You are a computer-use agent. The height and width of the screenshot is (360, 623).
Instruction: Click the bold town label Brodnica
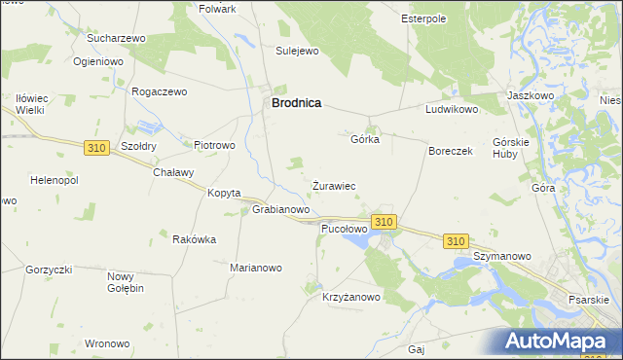click(x=296, y=102)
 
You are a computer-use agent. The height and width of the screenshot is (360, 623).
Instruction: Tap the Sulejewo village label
click(x=298, y=51)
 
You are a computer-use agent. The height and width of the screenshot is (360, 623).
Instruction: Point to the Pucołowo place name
click(x=344, y=229)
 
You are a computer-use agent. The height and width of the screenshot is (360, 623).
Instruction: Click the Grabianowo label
click(x=281, y=209)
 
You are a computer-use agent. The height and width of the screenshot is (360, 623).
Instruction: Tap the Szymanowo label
click(x=502, y=256)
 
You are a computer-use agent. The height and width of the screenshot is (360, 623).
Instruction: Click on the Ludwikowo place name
click(x=452, y=110)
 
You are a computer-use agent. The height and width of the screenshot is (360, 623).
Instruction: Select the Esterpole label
click(x=423, y=18)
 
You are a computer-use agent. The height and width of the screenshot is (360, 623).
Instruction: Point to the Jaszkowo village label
click(x=531, y=96)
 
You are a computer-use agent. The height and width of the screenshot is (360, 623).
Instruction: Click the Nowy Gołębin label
click(x=126, y=282)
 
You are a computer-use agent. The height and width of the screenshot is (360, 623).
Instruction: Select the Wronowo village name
click(x=107, y=343)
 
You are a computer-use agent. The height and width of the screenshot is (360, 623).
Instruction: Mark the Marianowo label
click(x=255, y=268)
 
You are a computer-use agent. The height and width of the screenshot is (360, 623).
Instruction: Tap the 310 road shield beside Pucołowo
click(x=385, y=222)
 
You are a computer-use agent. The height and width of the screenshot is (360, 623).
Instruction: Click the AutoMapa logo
click(x=561, y=342)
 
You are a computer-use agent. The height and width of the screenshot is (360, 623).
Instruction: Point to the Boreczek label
click(x=451, y=152)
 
